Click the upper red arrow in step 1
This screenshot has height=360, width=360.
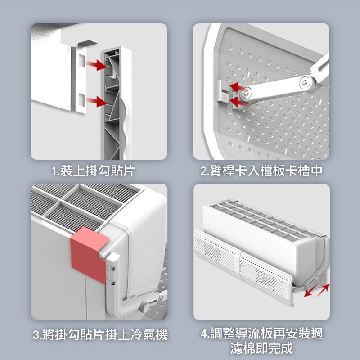(96, 65)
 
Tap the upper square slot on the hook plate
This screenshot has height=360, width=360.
(82, 60)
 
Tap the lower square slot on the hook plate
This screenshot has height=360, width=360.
(82, 100)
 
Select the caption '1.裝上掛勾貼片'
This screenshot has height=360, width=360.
(93, 171)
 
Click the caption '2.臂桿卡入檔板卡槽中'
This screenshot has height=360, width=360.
(261, 171)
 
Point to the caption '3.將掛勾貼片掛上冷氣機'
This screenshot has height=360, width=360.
(100, 334)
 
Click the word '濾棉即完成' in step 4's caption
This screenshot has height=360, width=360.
(262, 348)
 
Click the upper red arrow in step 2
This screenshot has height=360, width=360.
(237, 87)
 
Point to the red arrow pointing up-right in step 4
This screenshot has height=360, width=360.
(323, 289)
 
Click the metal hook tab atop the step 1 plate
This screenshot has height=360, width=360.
(87, 43)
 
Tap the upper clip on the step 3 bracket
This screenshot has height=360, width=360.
(111, 268)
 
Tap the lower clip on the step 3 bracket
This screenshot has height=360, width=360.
(111, 283)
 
